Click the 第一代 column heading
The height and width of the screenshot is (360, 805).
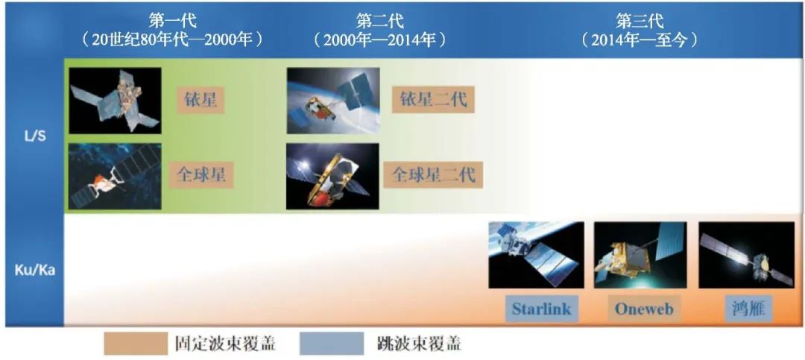(x=172, y=21)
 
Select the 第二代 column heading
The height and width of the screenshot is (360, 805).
(x=380, y=21)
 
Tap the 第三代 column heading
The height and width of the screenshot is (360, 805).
(x=640, y=21)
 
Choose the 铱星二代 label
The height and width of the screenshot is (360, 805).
(x=433, y=98)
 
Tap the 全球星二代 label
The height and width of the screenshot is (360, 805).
(x=433, y=174)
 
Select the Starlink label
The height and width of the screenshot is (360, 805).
(x=542, y=309)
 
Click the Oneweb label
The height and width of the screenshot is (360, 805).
(x=644, y=309)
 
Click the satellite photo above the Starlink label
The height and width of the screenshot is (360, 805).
(x=536, y=255)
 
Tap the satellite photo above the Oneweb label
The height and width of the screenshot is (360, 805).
(x=640, y=255)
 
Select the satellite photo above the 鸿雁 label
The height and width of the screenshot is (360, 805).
(x=746, y=255)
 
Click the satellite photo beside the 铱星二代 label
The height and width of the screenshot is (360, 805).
(x=333, y=101)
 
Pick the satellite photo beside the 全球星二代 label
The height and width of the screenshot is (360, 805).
(x=332, y=176)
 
